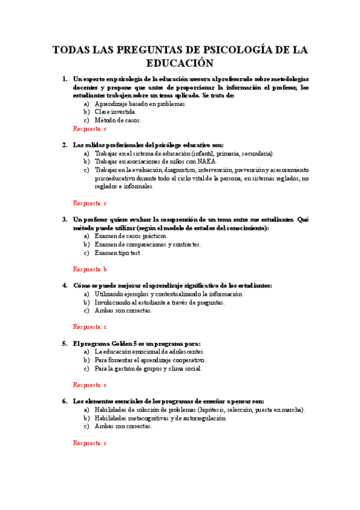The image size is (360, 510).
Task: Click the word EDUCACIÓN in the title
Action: coord(180,63)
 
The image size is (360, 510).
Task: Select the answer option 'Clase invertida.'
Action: coord(115,112)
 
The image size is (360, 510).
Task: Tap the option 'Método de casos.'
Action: coord(118,120)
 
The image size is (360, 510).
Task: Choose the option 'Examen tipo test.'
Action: coord(118,253)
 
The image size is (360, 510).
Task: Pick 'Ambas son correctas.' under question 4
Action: coord(123,311)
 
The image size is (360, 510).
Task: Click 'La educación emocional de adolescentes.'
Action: coord(149,352)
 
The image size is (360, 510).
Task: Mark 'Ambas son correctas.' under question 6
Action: coord(123,426)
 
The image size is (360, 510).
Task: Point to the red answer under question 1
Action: coord(90,129)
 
